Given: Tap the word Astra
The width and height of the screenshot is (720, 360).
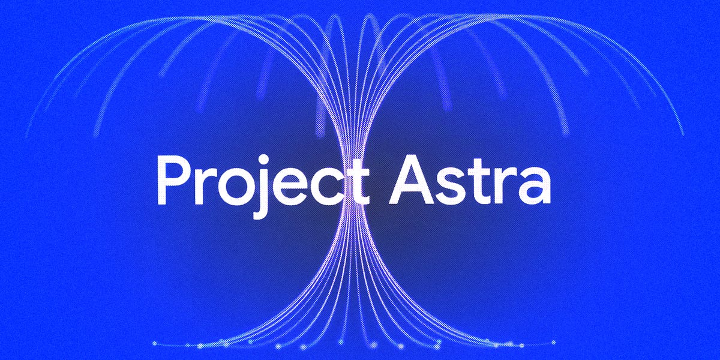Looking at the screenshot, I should pos(468,180).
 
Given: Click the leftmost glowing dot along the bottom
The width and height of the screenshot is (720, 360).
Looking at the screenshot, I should pos(154,343).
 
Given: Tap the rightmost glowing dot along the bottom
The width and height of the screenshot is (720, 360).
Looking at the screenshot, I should pos(553,343).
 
